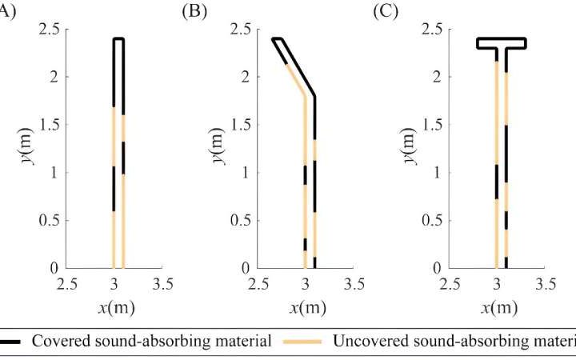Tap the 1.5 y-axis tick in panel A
(x=48, y=125)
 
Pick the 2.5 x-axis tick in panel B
(x=258, y=283)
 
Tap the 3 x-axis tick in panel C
(x=498, y=283)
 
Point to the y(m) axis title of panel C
(x=410, y=148)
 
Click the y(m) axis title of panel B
(x=218, y=148)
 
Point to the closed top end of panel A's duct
(x=118, y=38)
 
